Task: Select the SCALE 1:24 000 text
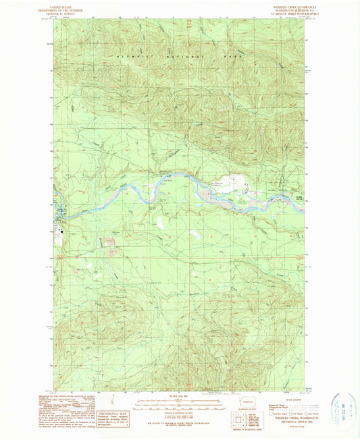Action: click(180, 395)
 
